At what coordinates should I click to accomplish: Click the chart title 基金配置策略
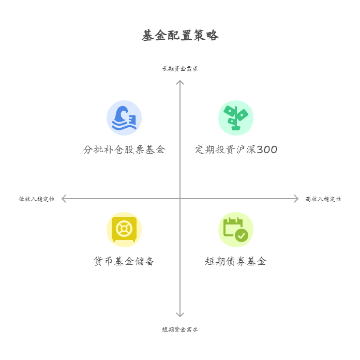[180, 35]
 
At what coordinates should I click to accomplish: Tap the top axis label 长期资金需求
[180, 69]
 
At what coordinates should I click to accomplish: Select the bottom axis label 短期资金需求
[180, 329]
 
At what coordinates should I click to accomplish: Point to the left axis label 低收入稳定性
[37, 199]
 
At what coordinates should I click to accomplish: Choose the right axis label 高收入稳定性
[323, 199]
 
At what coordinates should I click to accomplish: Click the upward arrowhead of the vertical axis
[180, 82]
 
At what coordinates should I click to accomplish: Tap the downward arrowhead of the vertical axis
[180, 314]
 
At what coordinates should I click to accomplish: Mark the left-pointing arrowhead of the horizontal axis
[64, 199]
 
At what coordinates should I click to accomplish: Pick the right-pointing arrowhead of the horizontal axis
[296, 199]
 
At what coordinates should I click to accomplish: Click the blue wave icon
[124, 118]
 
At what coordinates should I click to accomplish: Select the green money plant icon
[236, 118]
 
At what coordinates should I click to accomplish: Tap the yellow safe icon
[124, 230]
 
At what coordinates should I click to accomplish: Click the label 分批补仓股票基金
[124, 150]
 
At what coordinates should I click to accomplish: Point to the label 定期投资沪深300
[236, 150]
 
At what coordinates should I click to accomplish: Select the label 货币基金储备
[124, 262]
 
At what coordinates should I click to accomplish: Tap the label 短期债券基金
[236, 262]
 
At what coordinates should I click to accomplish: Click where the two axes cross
[180, 199]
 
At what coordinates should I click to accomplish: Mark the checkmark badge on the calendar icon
[242, 236]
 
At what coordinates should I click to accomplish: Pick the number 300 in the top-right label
[267, 150]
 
